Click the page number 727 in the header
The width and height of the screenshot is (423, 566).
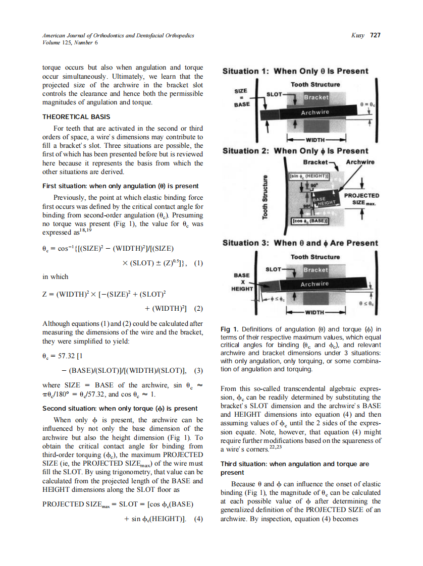pos(375,35)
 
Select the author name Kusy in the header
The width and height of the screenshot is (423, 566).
pos(358,35)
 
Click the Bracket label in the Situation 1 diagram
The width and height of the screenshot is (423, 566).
pos(315,97)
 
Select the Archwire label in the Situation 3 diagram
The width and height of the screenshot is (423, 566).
pos(314,284)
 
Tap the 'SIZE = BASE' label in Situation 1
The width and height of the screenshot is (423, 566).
pos(241,97)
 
